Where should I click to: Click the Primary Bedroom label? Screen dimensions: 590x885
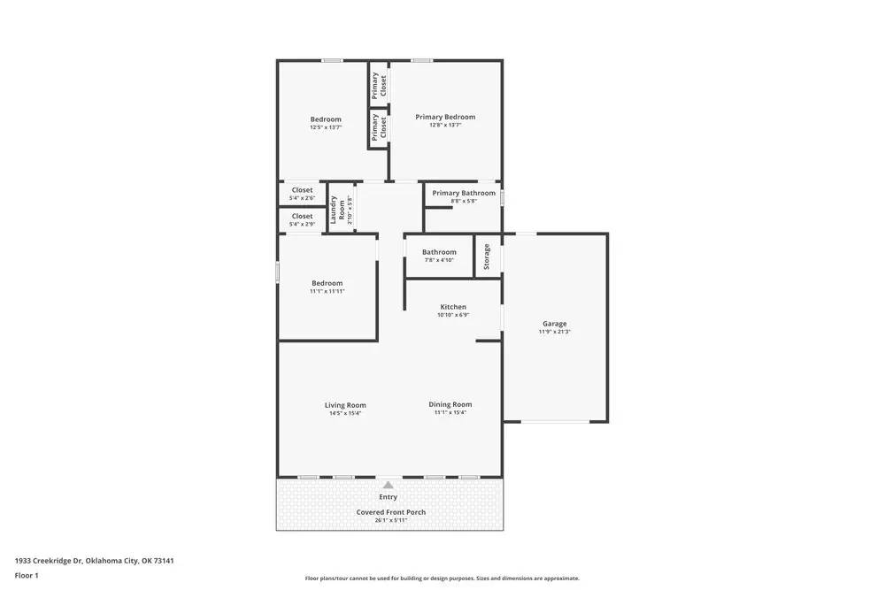pyautogui.click(x=445, y=117)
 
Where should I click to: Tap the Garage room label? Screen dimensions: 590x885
pyautogui.click(x=555, y=324)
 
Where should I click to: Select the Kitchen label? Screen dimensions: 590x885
pyautogui.click(x=453, y=307)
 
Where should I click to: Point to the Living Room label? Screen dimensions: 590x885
pyautogui.click(x=345, y=405)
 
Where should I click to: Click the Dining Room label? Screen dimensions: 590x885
pyautogui.click(x=450, y=404)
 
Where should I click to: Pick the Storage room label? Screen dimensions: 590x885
pyautogui.click(x=487, y=257)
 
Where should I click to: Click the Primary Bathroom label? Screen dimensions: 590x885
pyautogui.click(x=464, y=193)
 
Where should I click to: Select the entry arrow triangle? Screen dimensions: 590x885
pyautogui.click(x=389, y=485)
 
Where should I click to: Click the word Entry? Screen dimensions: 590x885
pyautogui.click(x=389, y=497)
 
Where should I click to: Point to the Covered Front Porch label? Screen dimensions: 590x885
pyautogui.click(x=390, y=512)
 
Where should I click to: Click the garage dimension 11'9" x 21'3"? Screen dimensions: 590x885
pyautogui.click(x=555, y=332)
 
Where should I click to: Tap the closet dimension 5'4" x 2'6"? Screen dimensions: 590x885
pyautogui.click(x=302, y=198)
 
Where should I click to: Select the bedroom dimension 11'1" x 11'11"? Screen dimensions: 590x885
pyautogui.click(x=327, y=291)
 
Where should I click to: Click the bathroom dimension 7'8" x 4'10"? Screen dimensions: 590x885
pyautogui.click(x=439, y=260)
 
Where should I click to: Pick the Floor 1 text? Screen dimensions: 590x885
pyautogui.click(x=27, y=575)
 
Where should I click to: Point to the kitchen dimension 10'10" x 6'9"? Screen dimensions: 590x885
pyautogui.click(x=453, y=315)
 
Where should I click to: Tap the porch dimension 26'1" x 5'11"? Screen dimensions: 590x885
pyautogui.click(x=390, y=520)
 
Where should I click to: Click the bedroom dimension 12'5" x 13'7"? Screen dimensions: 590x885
pyautogui.click(x=326, y=127)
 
